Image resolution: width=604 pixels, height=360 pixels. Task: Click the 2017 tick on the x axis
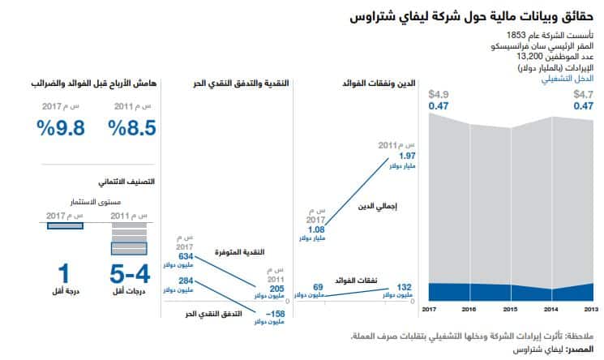point(429,310)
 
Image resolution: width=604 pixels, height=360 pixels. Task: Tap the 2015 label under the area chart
point(510,310)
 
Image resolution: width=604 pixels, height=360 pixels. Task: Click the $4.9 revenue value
point(439,94)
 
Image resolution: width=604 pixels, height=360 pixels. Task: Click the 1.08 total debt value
point(315,229)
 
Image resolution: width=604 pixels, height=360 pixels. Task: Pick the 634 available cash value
point(186,256)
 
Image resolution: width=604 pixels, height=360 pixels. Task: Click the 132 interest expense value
point(405,287)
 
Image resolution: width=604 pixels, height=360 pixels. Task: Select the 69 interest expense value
point(318,287)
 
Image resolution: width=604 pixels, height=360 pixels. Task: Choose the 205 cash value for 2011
point(276,288)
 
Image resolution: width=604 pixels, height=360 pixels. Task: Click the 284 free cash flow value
point(186,281)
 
